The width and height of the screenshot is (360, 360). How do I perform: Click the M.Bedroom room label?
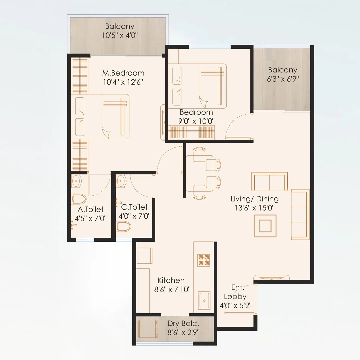click(123, 73)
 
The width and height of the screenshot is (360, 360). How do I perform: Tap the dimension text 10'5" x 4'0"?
click(120, 35)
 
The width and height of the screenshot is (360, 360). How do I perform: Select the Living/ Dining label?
click(255, 199)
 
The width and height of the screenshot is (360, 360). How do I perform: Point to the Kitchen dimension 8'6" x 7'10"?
click(172, 289)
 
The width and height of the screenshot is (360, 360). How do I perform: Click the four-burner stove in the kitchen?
click(204, 260)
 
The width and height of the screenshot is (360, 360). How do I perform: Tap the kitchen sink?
click(204, 301)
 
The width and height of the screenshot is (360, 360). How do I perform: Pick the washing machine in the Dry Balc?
click(148, 329)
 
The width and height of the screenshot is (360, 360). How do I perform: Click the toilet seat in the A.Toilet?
click(79, 199)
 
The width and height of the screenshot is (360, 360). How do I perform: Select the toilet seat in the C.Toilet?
click(124, 226)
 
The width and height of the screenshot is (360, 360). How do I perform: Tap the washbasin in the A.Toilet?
click(76, 181)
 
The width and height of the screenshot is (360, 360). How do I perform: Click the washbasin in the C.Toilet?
click(121, 181)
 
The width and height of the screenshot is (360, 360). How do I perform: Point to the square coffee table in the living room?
click(265, 226)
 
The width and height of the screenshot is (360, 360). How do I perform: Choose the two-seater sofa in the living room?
click(270, 181)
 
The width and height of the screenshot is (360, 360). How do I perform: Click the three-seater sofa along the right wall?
click(300, 214)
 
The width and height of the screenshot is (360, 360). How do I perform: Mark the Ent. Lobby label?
click(235, 292)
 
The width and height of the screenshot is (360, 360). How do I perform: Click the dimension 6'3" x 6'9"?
click(283, 79)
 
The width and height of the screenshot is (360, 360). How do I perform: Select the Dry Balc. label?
click(183, 323)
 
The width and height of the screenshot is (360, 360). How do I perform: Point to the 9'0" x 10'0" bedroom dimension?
click(196, 121)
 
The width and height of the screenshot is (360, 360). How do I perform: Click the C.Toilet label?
click(134, 207)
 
